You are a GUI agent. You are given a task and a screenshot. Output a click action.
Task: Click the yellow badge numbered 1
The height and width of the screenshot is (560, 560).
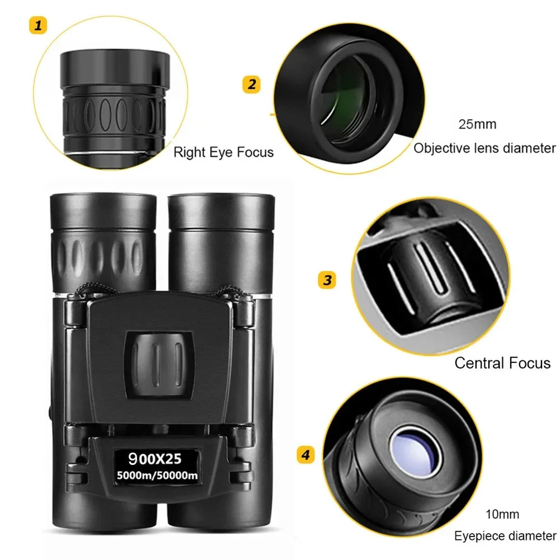[x=38, y=26]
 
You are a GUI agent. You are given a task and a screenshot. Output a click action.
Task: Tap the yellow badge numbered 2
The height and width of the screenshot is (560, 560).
[x=252, y=84]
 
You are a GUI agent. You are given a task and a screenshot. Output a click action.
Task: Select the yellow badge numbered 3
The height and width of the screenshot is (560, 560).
[x=327, y=279]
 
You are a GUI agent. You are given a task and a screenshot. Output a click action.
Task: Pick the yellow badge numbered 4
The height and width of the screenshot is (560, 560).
[x=305, y=455]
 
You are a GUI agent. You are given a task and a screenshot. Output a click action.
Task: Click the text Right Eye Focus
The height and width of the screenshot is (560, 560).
[x=223, y=152]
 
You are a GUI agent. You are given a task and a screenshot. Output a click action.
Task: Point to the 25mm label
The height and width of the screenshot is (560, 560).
[x=477, y=124]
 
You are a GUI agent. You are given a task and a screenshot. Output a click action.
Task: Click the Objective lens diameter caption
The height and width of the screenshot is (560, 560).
[x=484, y=148]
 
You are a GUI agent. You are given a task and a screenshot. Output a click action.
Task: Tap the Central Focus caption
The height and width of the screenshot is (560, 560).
[x=502, y=363]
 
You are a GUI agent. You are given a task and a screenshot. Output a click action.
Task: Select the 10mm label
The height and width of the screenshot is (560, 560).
[x=502, y=514]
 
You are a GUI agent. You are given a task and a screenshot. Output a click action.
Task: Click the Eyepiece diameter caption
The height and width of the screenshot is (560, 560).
[x=505, y=536]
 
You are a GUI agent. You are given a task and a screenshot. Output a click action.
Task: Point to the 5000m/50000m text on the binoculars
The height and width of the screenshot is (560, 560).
[x=157, y=476]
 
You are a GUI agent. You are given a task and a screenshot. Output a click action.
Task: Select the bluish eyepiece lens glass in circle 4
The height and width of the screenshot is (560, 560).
[x=415, y=451]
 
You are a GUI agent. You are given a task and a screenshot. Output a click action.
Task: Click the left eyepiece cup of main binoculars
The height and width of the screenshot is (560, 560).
[x=103, y=210]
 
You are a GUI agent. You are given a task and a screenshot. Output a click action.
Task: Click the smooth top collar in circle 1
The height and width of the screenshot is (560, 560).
[x=115, y=67]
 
